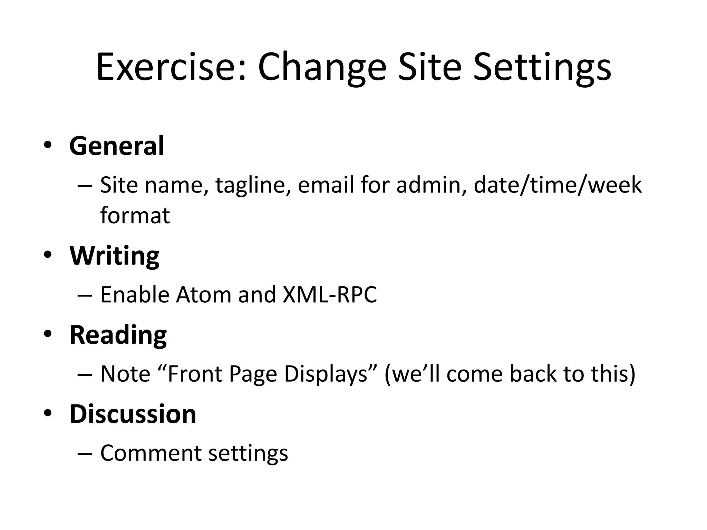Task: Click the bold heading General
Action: (x=117, y=146)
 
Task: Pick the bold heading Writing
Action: (x=114, y=256)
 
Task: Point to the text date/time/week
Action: (x=558, y=185)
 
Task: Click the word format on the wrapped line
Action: (x=135, y=215)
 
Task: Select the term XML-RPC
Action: (x=330, y=295)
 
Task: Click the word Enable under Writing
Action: (x=135, y=295)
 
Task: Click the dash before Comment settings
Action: (x=85, y=453)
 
